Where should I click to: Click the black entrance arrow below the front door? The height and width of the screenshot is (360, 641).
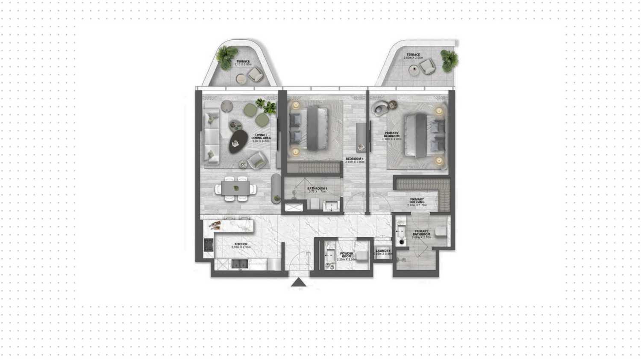point(299,282)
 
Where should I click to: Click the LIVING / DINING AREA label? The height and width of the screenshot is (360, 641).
point(261,137)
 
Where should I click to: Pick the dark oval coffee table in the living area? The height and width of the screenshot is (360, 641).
point(238,141)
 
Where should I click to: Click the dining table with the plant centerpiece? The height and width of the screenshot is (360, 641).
point(235,189)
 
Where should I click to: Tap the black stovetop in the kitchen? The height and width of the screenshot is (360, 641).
point(208,245)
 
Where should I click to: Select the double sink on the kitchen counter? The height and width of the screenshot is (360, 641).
point(239,264)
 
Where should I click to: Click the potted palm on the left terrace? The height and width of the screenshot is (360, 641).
point(225,55)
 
